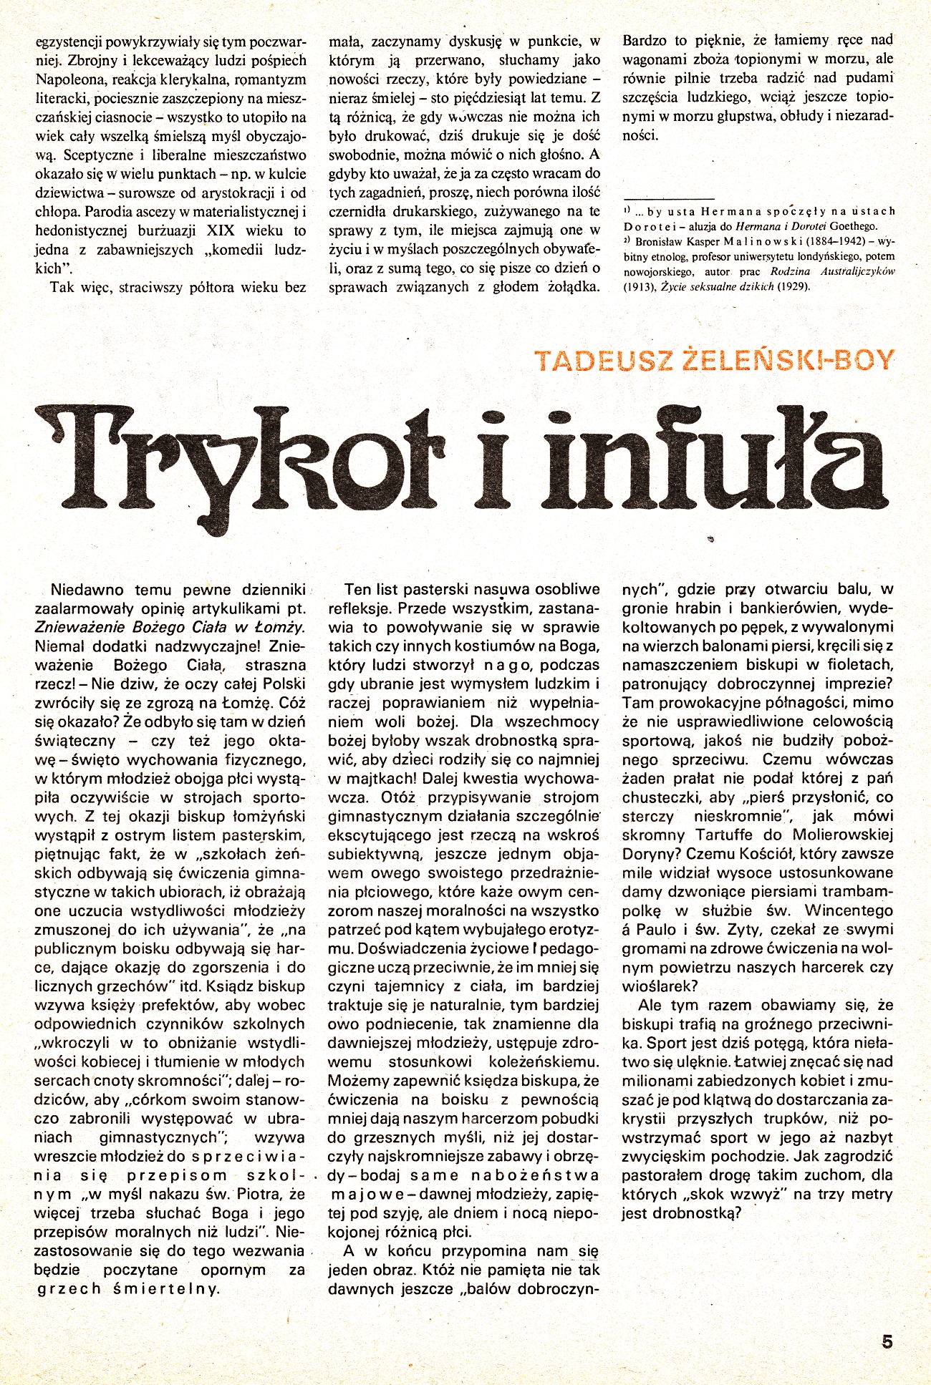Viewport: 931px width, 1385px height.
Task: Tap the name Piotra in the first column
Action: (x=246, y=1193)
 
